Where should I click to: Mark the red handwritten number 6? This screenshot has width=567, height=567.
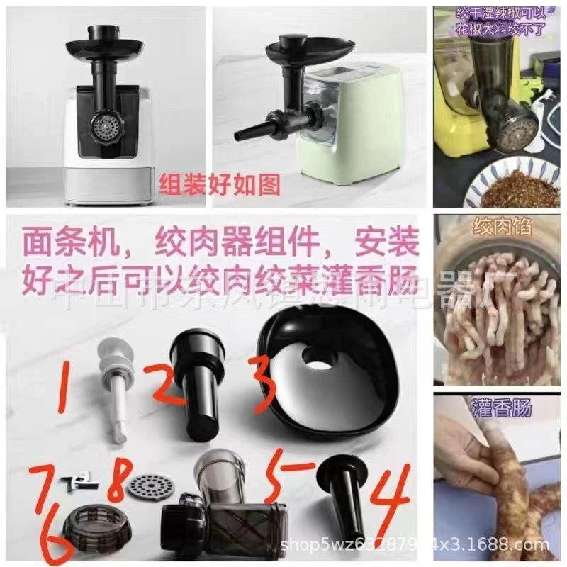click(57, 539)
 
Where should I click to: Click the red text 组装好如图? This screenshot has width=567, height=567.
click(219, 185)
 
